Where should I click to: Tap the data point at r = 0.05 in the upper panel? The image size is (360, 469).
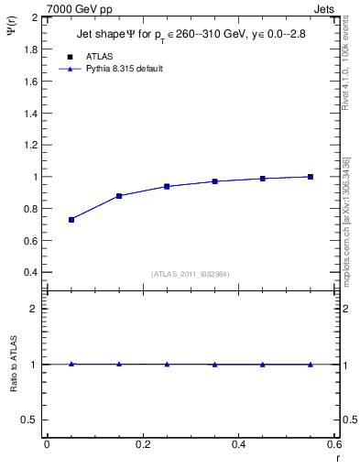(71, 220)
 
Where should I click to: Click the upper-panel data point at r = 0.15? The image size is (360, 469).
(119, 196)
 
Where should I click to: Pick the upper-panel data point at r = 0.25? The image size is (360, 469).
(167, 186)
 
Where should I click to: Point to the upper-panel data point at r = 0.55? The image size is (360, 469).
(311, 177)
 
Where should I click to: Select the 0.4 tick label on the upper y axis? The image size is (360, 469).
(31, 273)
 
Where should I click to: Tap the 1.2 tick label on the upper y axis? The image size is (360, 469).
(31, 145)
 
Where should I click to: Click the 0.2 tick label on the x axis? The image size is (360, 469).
(142, 444)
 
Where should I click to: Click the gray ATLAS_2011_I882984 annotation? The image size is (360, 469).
(190, 274)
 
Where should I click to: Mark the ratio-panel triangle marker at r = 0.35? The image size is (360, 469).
(214, 365)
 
